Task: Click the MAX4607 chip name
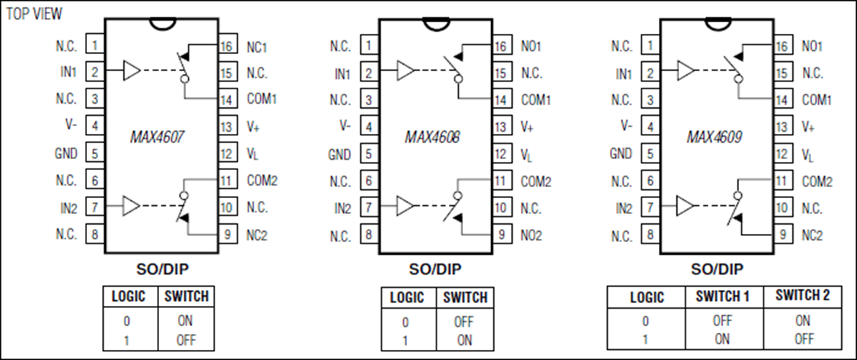pyautogui.click(x=156, y=137)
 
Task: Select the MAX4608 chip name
pyautogui.click(x=432, y=137)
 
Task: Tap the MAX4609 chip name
pyautogui.click(x=714, y=137)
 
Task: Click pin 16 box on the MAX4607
pyautogui.click(x=227, y=45)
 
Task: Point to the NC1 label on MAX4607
pyautogui.click(x=257, y=47)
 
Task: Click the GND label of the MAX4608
pyautogui.click(x=339, y=155)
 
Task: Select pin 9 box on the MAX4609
pyautogui.click(x=782, y=235)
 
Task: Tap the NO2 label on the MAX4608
pyautogui.click(x=531, y=235)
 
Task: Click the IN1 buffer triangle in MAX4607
pyautogui.click(x=132, y=71)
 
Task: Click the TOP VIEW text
pyautogui.click(x=34, y=14)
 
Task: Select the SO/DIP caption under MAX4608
pyautogui.click(x=436, y=269)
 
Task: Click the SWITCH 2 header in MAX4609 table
pyautogui.click(x=802, y=295)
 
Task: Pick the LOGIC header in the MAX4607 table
pyautogui.click(x=129, y=296)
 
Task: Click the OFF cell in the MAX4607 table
pyautogui.click(x=186, y=340)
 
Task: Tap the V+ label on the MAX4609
pyautogui.click(x=808, y=127)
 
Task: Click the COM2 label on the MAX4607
pyautogui.click(x=262, y=180)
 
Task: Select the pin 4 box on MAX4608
pyautogui.click(x=369, y=127)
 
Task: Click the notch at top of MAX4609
pyautogui.click(x=717, y=23)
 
